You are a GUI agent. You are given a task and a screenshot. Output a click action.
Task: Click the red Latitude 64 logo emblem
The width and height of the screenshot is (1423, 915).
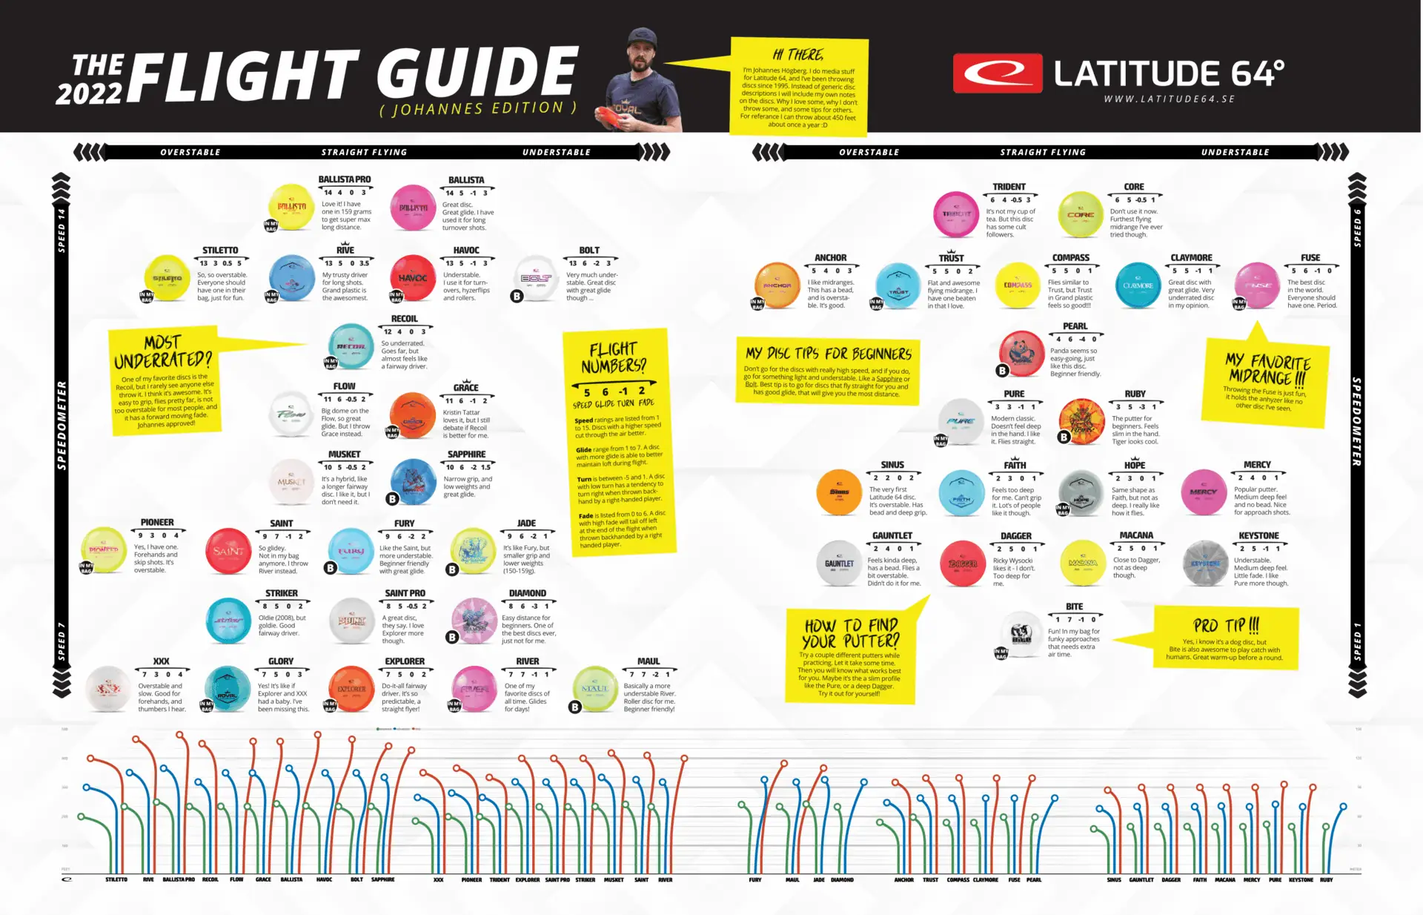coord(998,73)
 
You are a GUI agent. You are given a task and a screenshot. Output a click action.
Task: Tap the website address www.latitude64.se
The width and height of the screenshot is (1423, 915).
coord(1169,99)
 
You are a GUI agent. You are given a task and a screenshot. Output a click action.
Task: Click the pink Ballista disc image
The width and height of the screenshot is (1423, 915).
coord(414,208)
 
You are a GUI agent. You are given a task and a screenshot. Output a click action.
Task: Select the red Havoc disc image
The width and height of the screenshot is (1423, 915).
coord(413,278)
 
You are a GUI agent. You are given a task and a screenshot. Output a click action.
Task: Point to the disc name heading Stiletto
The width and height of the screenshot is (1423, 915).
coord(220,251)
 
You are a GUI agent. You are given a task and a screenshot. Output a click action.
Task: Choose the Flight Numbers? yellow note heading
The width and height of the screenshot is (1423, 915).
coord(614,357)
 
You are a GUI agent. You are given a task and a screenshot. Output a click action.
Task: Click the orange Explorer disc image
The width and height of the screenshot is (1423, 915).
coord(351,689)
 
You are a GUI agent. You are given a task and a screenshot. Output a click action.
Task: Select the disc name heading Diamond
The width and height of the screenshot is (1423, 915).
coord(527,593)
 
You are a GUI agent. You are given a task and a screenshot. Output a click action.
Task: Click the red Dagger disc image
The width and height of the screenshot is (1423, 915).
coord(962,564)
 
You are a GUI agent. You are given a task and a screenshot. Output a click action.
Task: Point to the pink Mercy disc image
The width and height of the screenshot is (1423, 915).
coord(1203,492)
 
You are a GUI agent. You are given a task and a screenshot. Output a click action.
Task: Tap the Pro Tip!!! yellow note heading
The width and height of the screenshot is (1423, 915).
coord(1226,624)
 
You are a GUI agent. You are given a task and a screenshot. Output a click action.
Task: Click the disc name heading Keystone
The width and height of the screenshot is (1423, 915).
coord(1258,535)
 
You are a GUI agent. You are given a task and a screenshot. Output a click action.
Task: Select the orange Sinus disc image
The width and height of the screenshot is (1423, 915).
coord(839,492)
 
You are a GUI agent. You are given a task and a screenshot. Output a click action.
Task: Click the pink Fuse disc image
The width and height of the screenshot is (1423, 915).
coord(1257,285)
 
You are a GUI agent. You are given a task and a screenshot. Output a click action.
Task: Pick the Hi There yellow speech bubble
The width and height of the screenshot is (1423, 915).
coord(799,87)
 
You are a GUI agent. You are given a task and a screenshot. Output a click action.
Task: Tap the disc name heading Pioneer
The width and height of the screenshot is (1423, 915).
coord(157,523)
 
